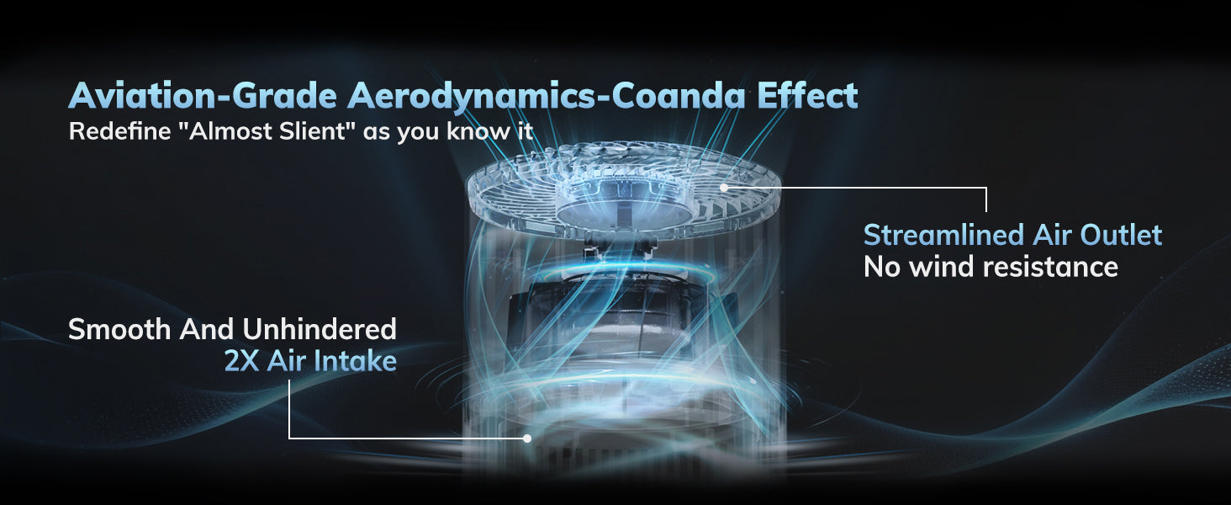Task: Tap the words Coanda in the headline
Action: (679, 96)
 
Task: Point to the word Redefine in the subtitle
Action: (119, 131)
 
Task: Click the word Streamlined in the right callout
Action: (943, 235)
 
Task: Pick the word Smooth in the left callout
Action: (119, 330)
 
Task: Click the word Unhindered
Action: (320, 330)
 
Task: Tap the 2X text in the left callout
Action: (242, 361)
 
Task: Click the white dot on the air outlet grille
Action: (724, 188)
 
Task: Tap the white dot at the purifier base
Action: (527, 439)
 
